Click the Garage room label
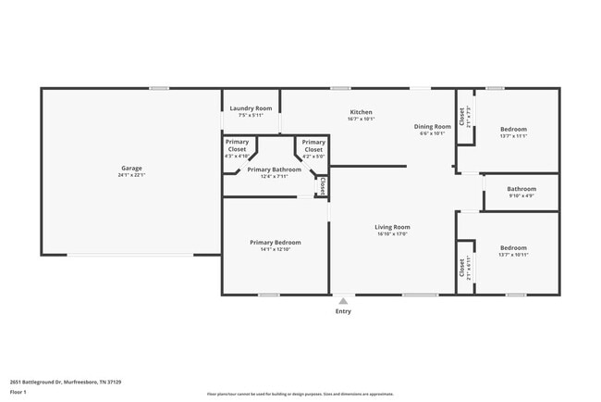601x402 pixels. point(131,168)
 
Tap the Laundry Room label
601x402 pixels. point(251,108)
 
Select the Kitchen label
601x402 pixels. point(361,112)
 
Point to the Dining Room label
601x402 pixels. point(432,126)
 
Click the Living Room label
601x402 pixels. point(392,227)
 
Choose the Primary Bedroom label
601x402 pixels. point(275,242)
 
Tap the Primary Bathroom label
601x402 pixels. point(274,170)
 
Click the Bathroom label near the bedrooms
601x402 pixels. point(521,189)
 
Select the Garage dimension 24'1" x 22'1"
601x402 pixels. point(131,175)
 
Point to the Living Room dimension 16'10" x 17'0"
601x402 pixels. point(392,234)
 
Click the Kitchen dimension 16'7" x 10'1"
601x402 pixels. point(361,119)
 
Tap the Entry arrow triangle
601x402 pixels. point(343,300)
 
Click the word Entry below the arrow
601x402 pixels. point(343,311)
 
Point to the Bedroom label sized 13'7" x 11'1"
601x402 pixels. point(513,129)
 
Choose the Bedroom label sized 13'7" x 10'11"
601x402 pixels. point(513,247)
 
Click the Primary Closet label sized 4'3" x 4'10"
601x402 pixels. point(237,145)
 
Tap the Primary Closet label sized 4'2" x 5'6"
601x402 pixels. point(313,145)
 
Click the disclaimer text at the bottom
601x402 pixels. point(300,394)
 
